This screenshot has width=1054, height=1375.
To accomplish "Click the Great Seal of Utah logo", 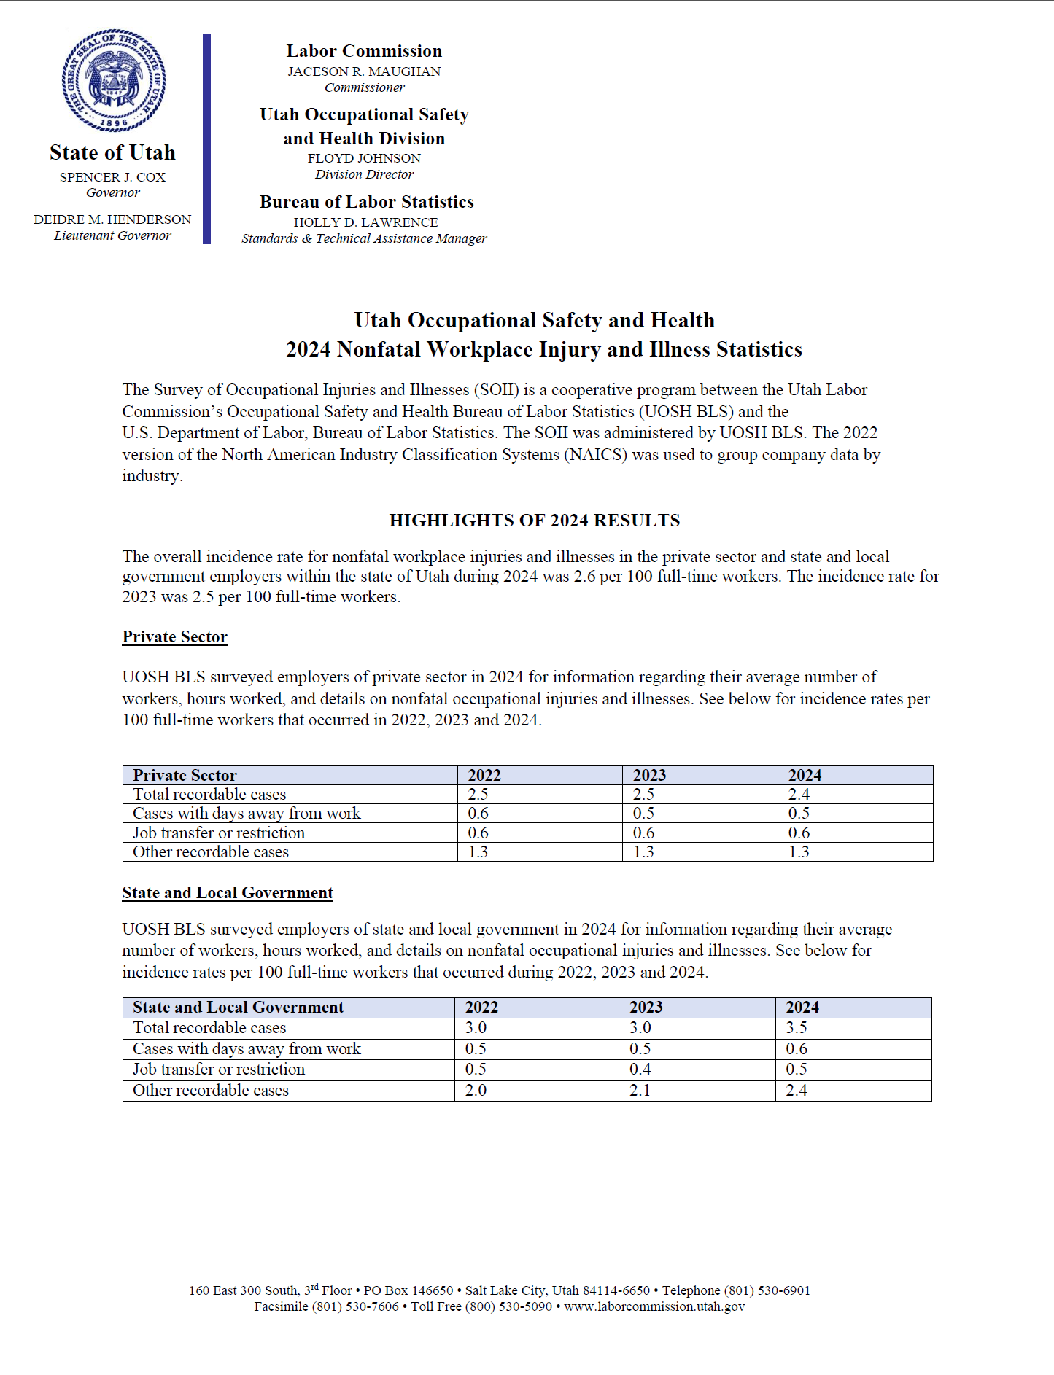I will pyautogui.click(x=114, y=80).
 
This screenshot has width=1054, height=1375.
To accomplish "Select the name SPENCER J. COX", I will pyautogui.click(x=112, y=177).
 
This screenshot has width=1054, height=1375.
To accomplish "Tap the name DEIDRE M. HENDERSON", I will pyautogui.click(x=112, y=219).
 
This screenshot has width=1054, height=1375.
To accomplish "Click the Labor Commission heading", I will pyautogui.click(x=364, y=51).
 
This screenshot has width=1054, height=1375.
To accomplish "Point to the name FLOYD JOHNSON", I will pyautogui.click(x=364, y=158).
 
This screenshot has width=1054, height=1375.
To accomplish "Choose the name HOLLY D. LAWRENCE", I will pyautogui.click(x=365, y=222).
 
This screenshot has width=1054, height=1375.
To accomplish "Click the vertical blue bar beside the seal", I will pyautogui.click(x=206, y=139).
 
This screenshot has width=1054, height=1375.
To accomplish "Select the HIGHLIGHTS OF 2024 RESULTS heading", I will pyautogui.click(x=534, y=521).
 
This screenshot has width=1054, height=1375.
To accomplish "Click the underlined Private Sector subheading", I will pyautogui.click(x=174, y=637).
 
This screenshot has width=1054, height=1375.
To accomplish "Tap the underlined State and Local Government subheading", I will pyautogui.click(x=227, y=893).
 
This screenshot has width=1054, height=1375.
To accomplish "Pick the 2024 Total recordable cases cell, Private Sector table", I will pyautogui.click(x=799, y=795).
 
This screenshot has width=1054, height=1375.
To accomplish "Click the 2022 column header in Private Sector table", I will pyautogui.click(x=484, y=775).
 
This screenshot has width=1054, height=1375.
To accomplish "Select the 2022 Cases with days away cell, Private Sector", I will pyautogui.click(x=478, y=814).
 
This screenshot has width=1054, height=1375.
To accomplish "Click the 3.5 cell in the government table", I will pyautogui.click(x=797, y=1028).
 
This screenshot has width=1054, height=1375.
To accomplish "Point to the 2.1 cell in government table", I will pyautogui.click(x=640, y=1091).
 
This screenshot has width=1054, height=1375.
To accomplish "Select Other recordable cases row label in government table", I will pyautogui.click(x=211, y=1091).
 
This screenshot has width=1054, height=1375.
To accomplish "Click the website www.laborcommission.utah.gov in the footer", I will pyautogui.click(x=654, y=1306).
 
